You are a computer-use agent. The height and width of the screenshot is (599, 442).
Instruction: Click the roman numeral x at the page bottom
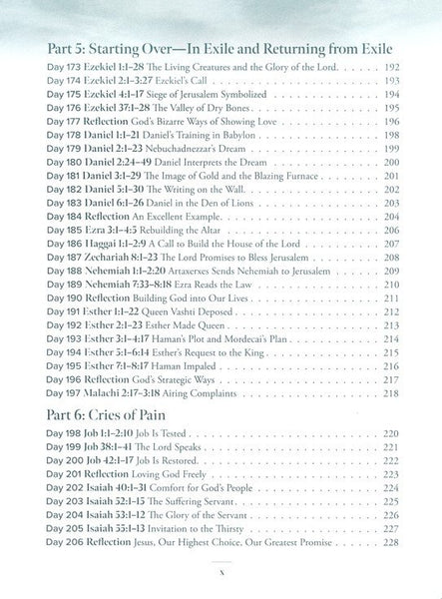[x=221, y=571]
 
